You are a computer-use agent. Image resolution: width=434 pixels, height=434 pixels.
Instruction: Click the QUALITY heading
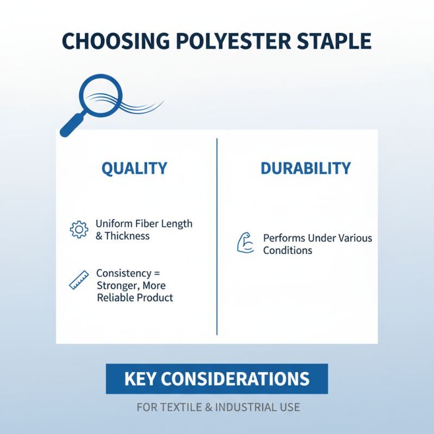135,168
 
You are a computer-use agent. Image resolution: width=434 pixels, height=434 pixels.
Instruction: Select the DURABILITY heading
305,168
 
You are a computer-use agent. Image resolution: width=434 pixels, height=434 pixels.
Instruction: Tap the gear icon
79,229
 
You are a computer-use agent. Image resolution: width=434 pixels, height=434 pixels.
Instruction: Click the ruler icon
79,280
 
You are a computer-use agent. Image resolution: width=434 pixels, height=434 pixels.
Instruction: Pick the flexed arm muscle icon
246,242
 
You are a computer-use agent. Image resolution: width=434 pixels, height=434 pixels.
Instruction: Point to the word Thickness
127,236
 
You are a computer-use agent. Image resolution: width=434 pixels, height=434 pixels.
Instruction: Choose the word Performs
284,238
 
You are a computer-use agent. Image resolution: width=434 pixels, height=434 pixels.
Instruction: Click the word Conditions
288,251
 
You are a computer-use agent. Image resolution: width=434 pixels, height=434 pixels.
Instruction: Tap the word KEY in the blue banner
141,379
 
